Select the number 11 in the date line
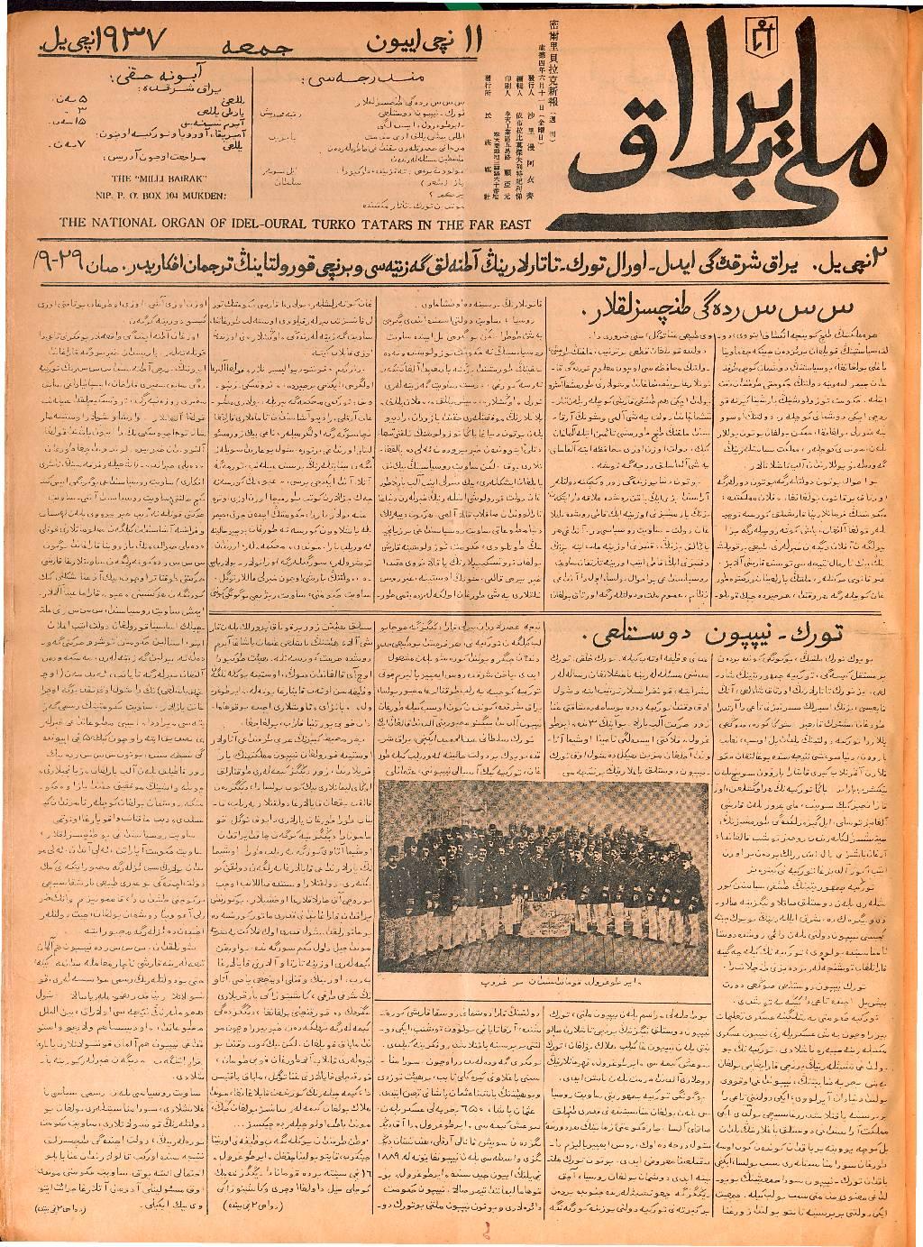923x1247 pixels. (486, 40)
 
